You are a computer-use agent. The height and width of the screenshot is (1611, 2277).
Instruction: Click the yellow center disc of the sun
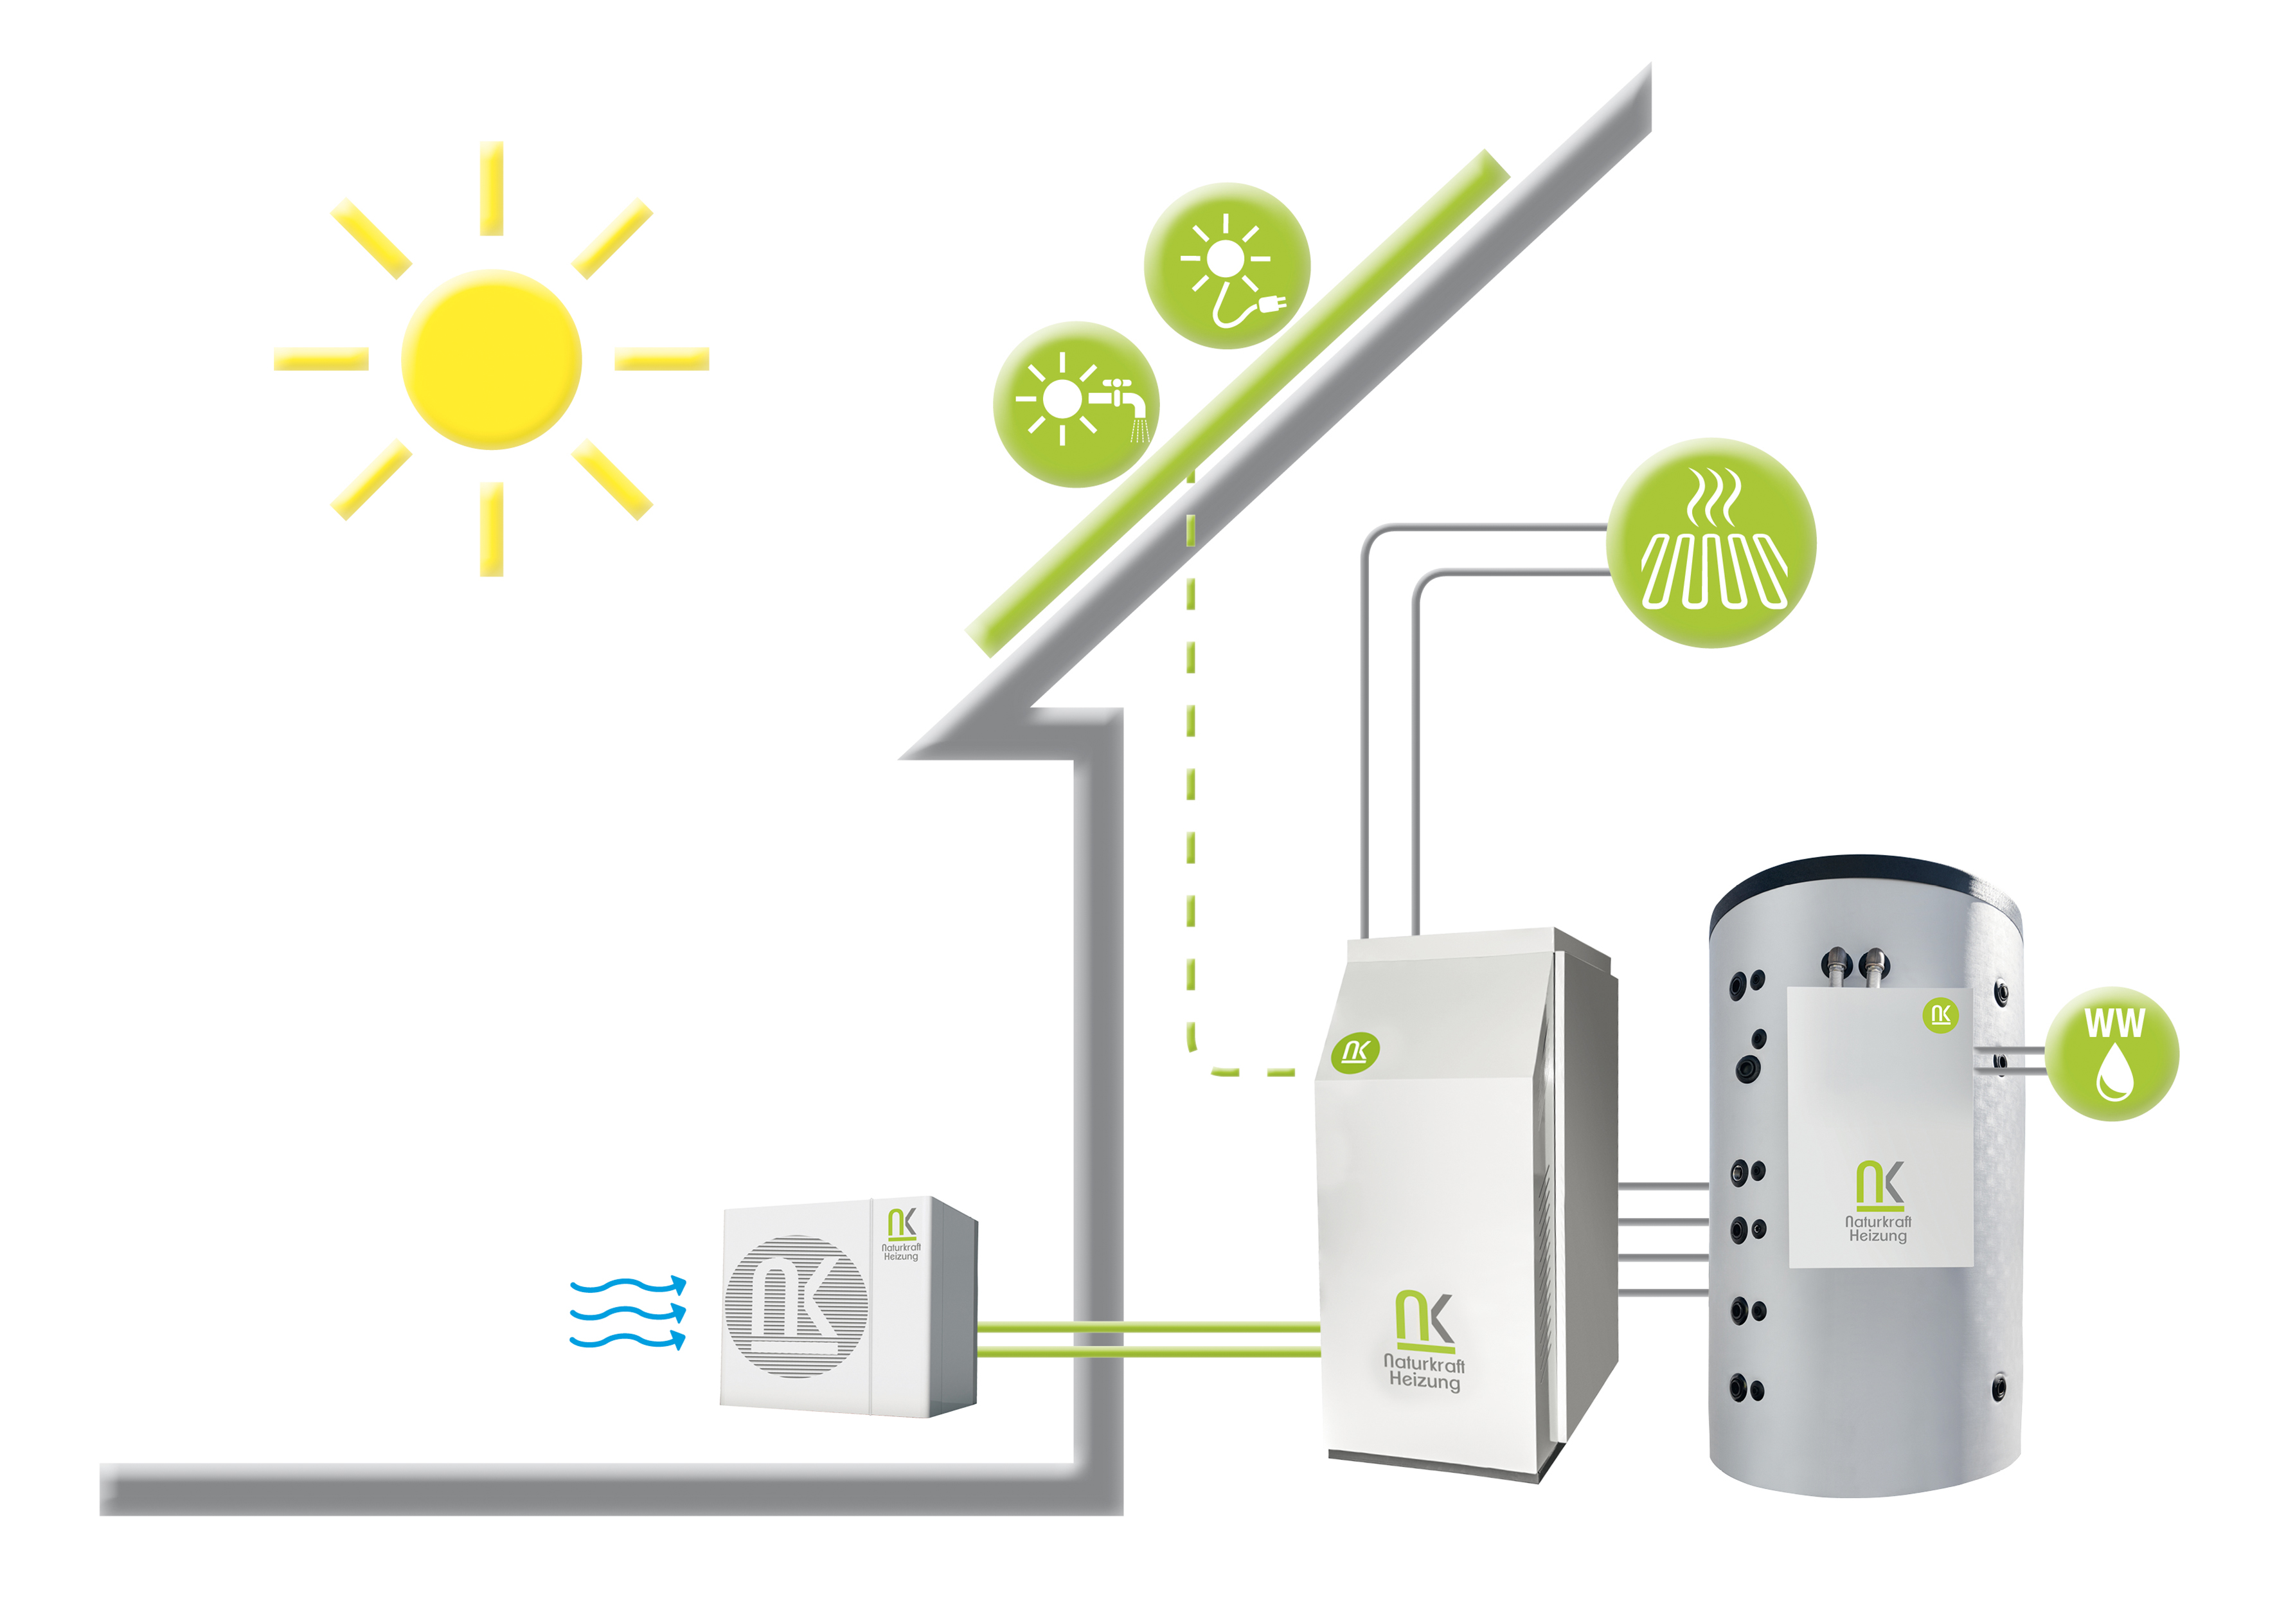(491, 359)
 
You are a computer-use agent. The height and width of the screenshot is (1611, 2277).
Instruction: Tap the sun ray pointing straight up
(491, 188)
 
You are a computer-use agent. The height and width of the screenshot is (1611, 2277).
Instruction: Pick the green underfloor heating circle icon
(1711, 543)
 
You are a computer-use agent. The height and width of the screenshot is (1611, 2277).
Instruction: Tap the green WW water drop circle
(2112, 1054)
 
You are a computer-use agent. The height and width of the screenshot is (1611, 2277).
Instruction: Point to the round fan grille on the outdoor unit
(796, 1306)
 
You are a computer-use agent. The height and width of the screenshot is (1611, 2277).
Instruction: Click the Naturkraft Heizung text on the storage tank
(1877, 1229)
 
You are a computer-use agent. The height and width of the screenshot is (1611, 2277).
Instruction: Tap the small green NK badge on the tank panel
(1940, 1015)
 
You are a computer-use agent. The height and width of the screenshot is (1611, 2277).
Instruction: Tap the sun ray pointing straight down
(491, 528)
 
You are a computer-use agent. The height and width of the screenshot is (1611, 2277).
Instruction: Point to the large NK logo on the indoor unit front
(1424, 1319)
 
